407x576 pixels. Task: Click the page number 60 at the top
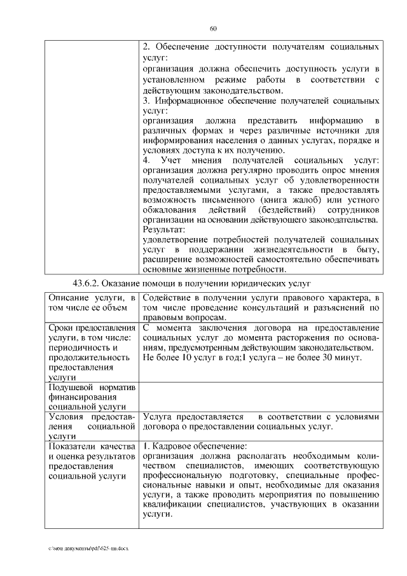[x=213, y=28]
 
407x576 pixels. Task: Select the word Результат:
[x=163, y=229]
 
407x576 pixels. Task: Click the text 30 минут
[x=343, y=358]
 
